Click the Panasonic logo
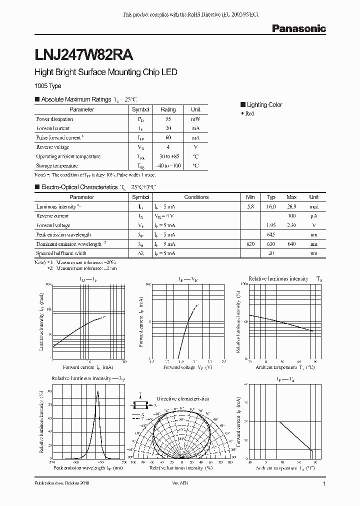coord(298,28)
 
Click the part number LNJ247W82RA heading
coord(83,51)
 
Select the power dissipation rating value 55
coord(168,119)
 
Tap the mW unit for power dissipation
coord(195,119)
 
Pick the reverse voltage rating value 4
coord(168,147)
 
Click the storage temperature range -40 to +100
coord(168,165)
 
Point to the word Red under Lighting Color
coord(249,114)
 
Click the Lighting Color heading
coord(264,105)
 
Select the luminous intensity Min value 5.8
coord(250,206)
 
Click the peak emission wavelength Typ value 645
coord(271,234)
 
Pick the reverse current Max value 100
coord(291,216)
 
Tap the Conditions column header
coord(196,197)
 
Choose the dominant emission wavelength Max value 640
coord(291,244)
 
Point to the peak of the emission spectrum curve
coord(97,392)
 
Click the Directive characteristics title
coord(182,399)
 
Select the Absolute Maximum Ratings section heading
coord(75,99)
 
